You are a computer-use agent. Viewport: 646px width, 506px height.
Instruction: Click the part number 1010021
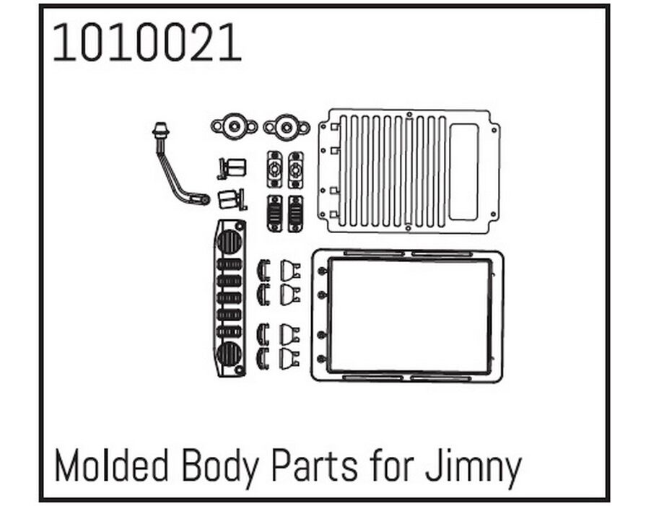(147, 43)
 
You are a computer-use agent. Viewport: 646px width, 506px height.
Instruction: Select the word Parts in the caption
(315, 466)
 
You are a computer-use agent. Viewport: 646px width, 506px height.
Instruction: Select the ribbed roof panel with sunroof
(409, 171)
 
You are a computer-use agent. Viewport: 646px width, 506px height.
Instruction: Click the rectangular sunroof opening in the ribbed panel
(463, 173)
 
